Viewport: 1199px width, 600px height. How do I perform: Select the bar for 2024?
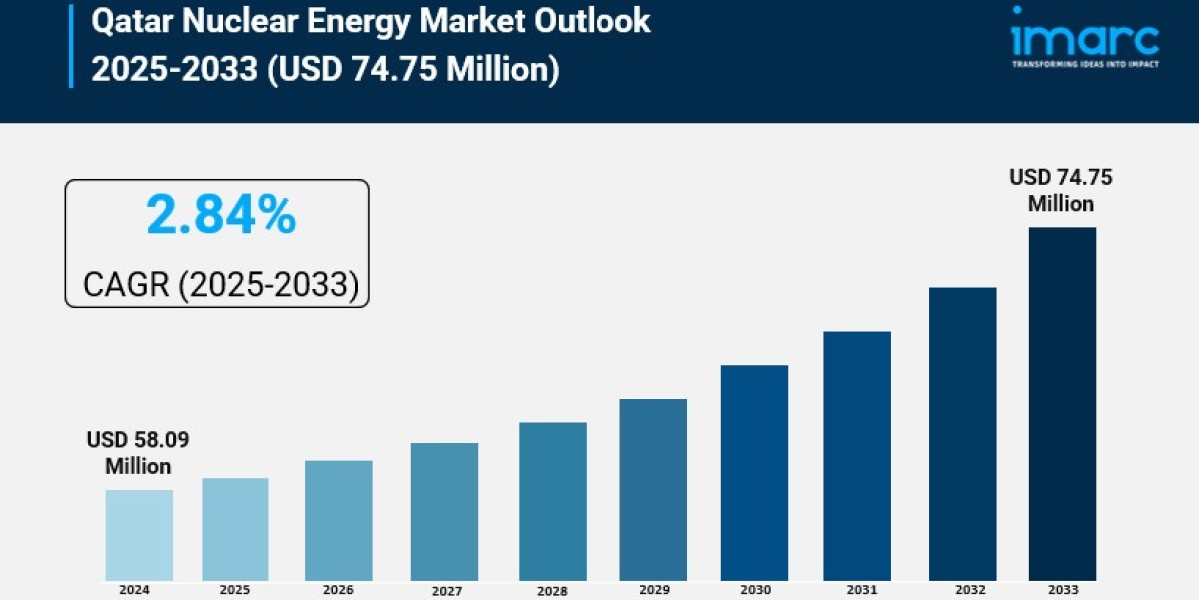point(139,535)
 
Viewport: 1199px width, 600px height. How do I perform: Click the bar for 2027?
point(444,511)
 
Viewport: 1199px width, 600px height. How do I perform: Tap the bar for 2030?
point(754,472)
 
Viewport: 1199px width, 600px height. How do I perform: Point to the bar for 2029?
point(653,489)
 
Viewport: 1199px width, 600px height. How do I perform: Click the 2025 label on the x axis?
point(235,590)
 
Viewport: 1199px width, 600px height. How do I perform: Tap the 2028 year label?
point(553,591)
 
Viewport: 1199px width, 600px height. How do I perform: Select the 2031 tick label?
point(857,590)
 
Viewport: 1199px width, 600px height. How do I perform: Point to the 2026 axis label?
point(339,590)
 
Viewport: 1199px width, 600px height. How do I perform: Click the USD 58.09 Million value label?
point(138,453)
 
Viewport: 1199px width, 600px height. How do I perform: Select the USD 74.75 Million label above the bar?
point(1061,190)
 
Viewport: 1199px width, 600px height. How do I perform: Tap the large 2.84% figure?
point(221,215)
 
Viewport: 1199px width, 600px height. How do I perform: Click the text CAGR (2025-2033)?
point(220,285)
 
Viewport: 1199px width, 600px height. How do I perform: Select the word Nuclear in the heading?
point(255,20)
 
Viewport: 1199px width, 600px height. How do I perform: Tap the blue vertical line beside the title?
point(71,44)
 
